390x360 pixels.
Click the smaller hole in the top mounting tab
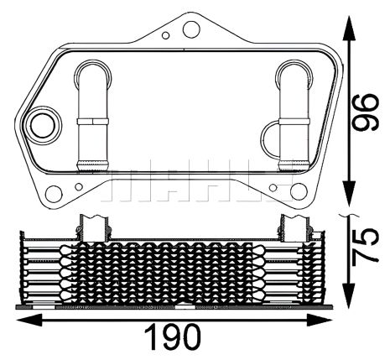(x=167, y=34)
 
